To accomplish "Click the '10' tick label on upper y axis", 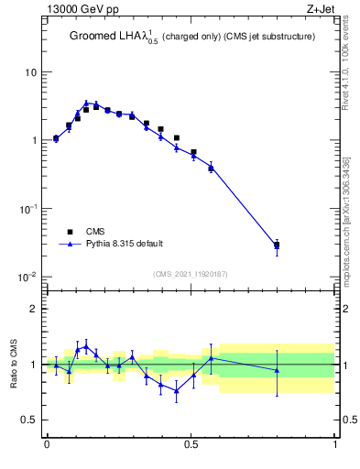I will (x=30, y=72).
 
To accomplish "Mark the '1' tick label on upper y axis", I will (x=33, y=140).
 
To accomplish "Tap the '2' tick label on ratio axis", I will (x=33, y=309).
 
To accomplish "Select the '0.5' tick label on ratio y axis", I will (x=28, y=420).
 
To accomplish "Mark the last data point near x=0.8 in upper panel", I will (x=277, y=245).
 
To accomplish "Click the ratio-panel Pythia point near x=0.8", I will (x=277, y=370).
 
